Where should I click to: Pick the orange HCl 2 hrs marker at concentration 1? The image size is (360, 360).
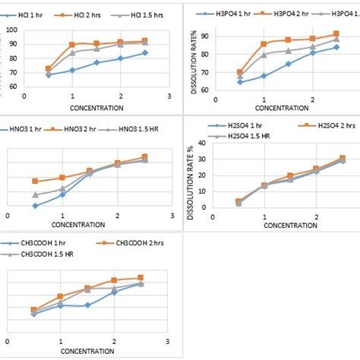pyautogui.click(x=72, y=45)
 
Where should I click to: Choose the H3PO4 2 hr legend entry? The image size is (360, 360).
pyautogui.click(x=289, y=13)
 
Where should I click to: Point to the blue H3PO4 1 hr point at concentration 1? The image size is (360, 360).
pyautogui.click(x=264, y=76)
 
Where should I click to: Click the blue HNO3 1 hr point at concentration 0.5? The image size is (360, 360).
pyautogui.click(x=35, y=206)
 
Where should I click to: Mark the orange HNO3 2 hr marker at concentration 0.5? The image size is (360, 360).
pyautogui.click(x=35, y=181)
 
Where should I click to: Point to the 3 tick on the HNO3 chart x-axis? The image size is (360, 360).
pyautogui.click(x=173, y=216)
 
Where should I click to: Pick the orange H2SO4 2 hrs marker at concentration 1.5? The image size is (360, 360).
pyautogui.click(x=290, y=175)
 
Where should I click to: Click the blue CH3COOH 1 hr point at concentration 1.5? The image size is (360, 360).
pyautogui.click(x=88, y=305)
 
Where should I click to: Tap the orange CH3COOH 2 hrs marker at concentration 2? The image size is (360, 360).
pyautogui.click(x=114, y=280)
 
